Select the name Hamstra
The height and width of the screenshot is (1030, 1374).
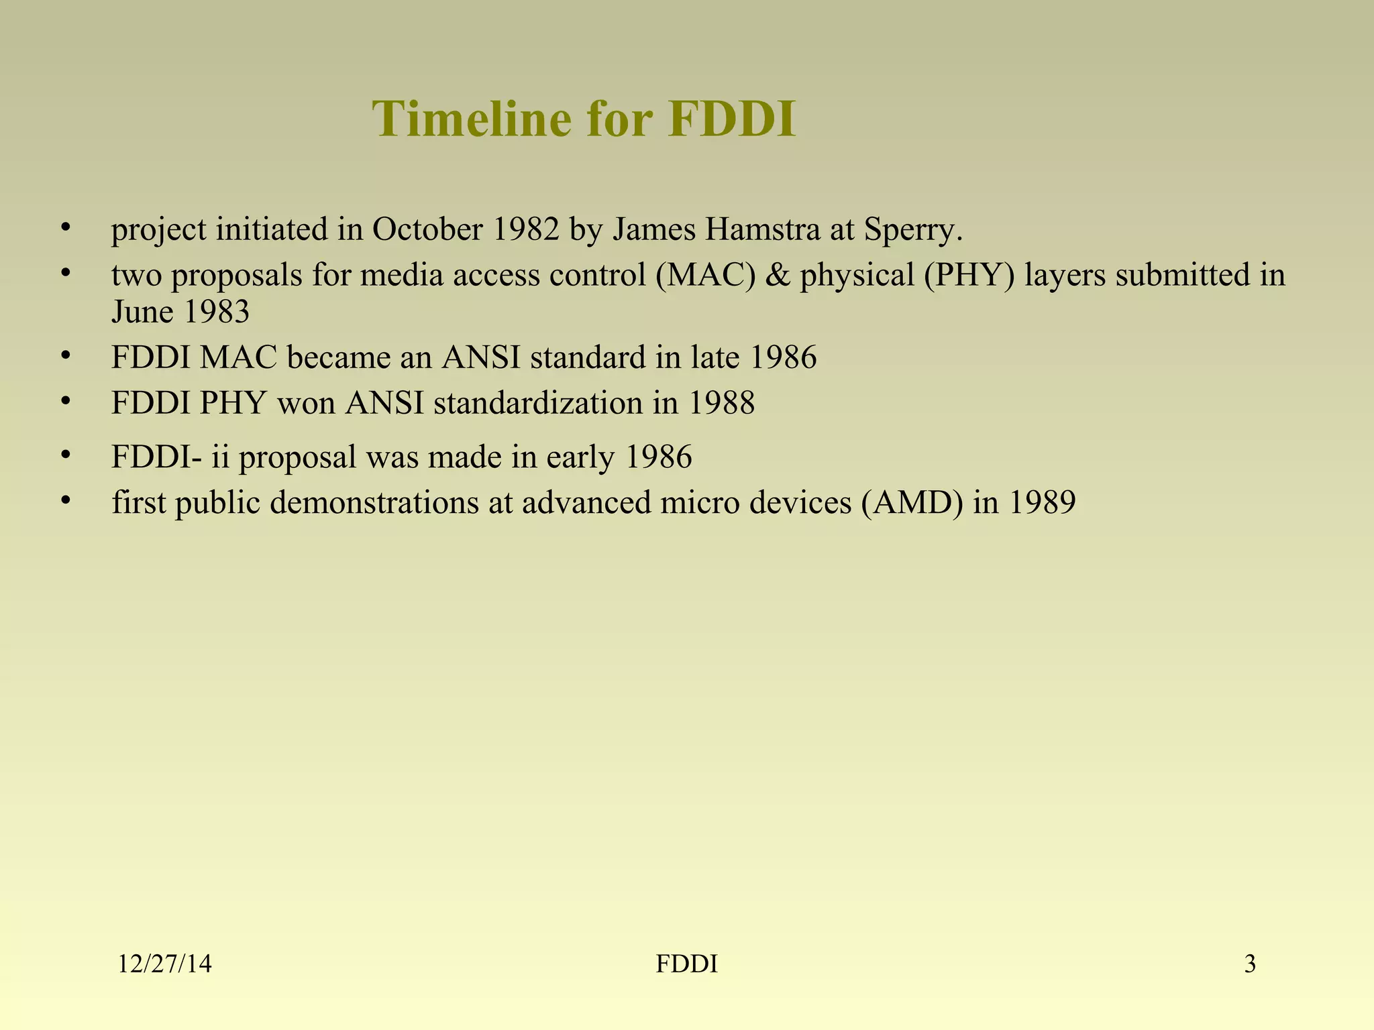click(x=762, y=229)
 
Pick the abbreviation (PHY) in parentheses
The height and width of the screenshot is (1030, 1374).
click(x=969, y=276)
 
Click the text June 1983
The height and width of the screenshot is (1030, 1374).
click(x=180, y=312)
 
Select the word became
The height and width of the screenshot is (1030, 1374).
click(x=338, y=357)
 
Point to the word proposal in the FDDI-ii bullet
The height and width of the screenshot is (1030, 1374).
click(x=297, y=458)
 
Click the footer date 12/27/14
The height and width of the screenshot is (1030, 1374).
click(x=164, y=964)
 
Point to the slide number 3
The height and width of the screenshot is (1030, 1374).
click(x=1250, y=964)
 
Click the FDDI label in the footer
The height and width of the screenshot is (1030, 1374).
click(x=686, y=964)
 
